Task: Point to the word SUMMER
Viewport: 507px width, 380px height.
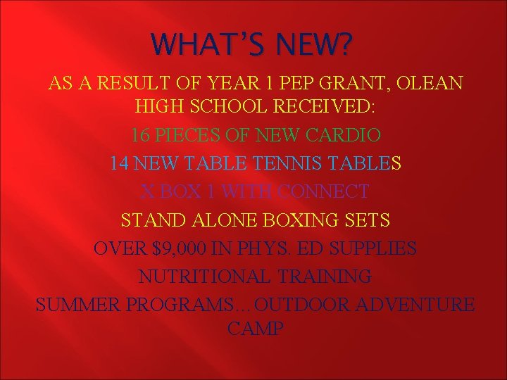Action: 75,304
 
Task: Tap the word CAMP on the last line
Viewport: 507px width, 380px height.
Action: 255,329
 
